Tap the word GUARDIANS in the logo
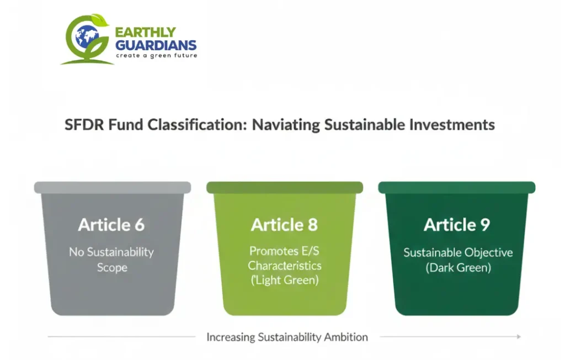[x=155, y=45]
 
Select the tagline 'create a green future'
[x=156, y=56]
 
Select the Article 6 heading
[x=111, y=225]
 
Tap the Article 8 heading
[x=284, y=225]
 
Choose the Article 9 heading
[x=457, y=225]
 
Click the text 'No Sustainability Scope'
[x=111, y=260]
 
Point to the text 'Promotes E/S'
[x=284, y=251]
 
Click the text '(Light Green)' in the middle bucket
[x=284, y=280]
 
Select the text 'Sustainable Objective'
[x=457, y=253]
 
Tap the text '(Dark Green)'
[x=457, y=268]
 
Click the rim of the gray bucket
[x=113, y=188]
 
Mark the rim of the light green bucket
[x=284, y=188]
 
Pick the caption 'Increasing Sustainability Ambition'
[x=287, y=337]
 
